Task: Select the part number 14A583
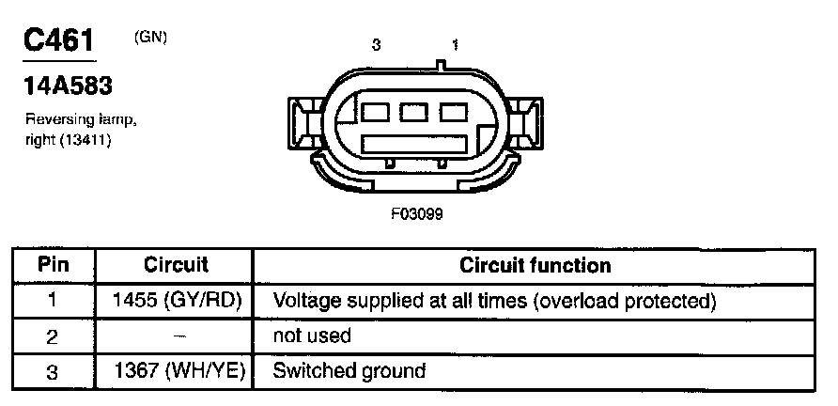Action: [68, 86]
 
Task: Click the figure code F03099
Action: [416, 213]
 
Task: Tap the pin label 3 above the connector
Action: [377, 44]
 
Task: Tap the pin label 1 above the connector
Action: [456, 44]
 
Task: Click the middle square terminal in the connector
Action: [414, 112]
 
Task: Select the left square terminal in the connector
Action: [377, 112]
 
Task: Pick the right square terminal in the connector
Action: [452, 112]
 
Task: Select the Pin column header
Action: [54, 266]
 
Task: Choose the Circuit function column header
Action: [535, 266]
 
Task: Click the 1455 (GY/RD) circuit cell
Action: [177, 301]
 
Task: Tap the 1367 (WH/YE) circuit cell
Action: [177, 370]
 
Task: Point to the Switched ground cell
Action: [349, 370]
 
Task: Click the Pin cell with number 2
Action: [54, 336]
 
